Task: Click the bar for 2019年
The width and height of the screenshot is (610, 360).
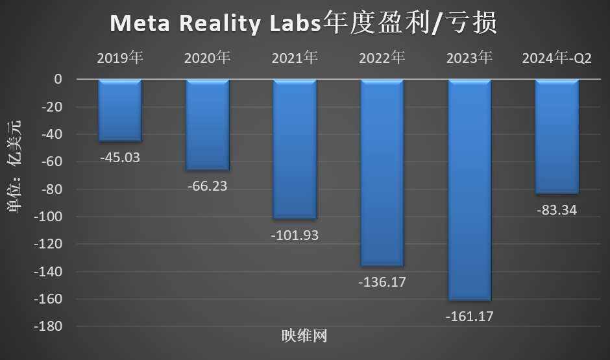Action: click(x=120, y=110)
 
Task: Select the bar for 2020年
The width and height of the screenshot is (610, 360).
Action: click(x=208, y=125)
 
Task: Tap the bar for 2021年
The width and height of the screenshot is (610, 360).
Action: click(x=295, y=149)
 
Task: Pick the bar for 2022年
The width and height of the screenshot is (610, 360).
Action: click(x=382, y=173)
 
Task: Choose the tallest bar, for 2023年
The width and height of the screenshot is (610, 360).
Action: click(x=469, y=189)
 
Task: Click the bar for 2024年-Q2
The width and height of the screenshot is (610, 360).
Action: click(x=557, y=136)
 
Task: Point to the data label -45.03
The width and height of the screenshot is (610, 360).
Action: click(x=120, y=158)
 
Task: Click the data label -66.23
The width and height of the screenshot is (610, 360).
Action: click(x=208, y=186)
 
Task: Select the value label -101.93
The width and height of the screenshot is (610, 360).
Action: click(x=295, y=235)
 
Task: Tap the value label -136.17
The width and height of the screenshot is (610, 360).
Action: click(x=382, y=283)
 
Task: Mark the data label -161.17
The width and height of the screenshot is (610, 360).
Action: click(x=469, y=317)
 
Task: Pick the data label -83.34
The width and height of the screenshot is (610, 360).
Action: click(x=557, y=210)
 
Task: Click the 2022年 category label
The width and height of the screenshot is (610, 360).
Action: click(x=382, y=58)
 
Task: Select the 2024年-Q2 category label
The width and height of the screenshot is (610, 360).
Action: click(x=557, y=58)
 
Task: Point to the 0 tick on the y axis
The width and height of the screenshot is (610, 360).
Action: click(x=58, y=79)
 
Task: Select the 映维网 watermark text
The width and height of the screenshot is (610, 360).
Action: click(x=304, y=336)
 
